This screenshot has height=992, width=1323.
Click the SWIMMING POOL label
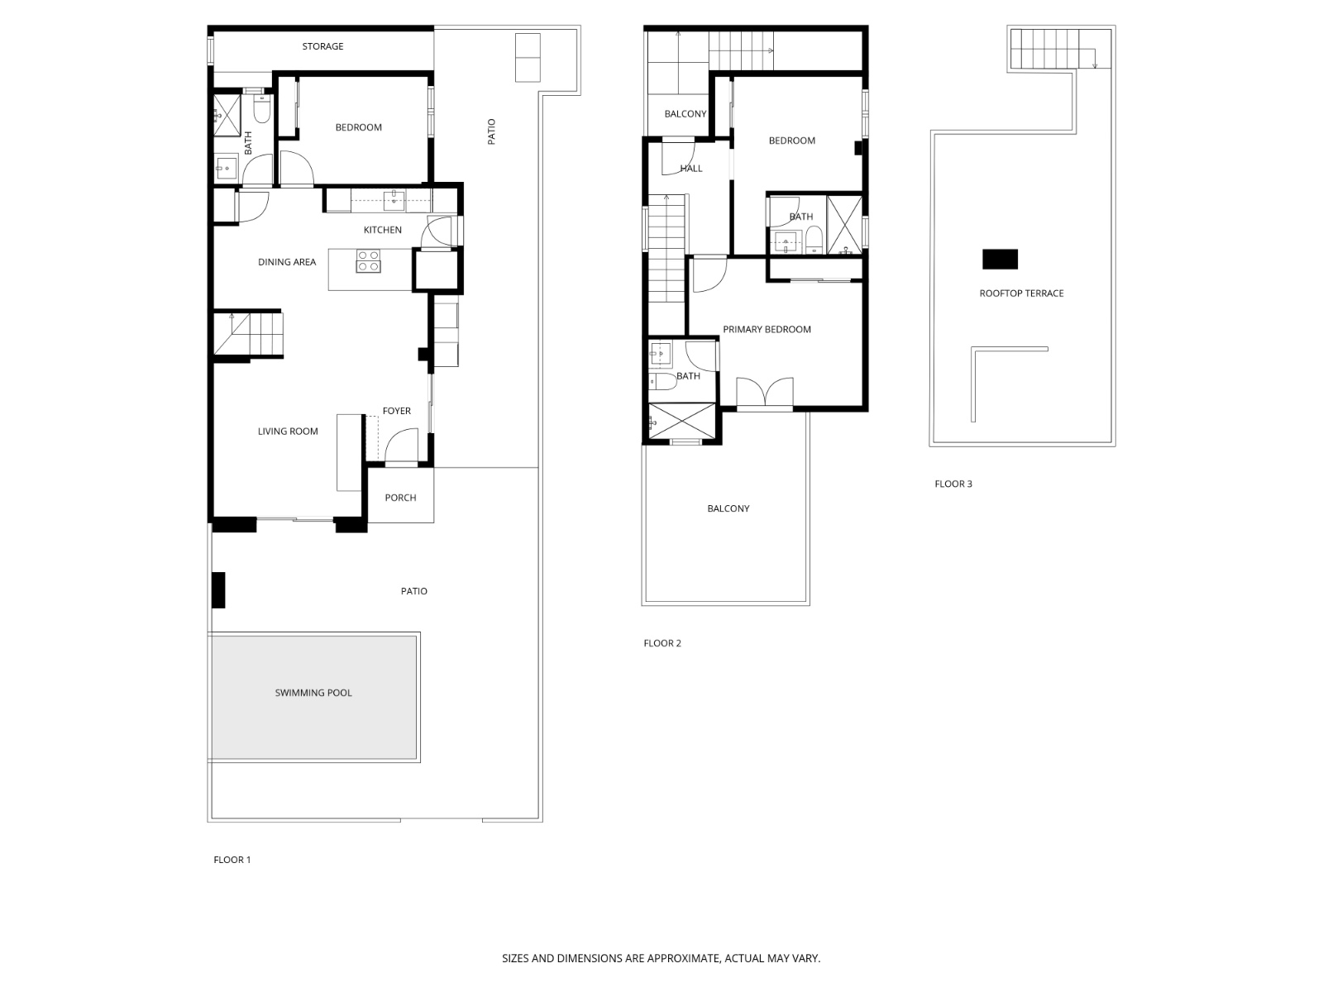(313, 693)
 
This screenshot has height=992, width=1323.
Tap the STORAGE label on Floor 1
(322, 46)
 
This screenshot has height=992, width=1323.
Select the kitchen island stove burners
(369, 260)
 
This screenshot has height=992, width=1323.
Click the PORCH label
(400, 498)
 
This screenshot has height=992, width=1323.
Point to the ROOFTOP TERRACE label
(1021, 293)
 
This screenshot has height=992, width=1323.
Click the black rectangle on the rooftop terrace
(1000, 260)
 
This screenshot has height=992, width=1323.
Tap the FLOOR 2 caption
(662, 643)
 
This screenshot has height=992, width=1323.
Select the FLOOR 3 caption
(953, 484)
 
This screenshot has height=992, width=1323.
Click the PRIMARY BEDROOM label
(767, 329)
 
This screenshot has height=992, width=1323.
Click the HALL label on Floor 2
(691, 169)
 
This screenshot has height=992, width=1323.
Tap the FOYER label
(396, 411)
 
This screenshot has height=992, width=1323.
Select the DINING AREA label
(287, 262)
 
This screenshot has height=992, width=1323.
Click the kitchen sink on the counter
(394, 199)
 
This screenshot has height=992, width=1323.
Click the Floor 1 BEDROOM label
(358, 127)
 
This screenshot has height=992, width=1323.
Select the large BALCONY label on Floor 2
(728, 508)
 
